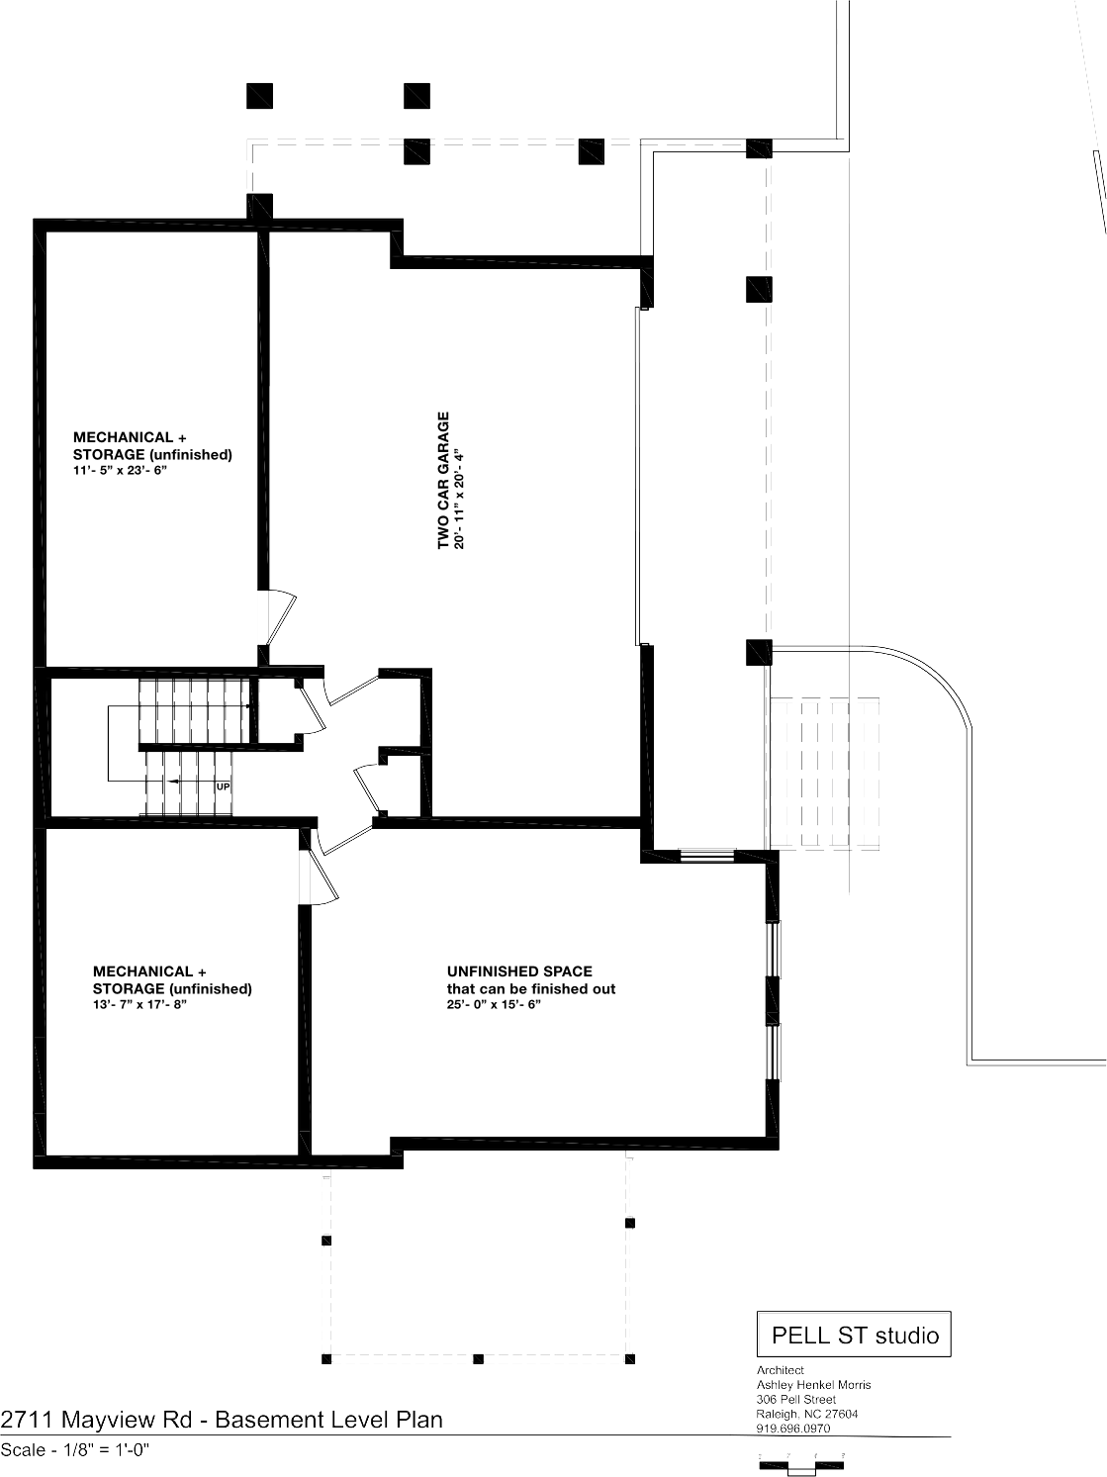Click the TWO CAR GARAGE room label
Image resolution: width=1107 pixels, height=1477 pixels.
(x=443, y=481)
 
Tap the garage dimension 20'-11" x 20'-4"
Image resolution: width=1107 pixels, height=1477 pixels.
(x=459, y=499)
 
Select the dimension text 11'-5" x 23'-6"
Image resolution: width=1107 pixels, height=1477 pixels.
(x=120, y=470)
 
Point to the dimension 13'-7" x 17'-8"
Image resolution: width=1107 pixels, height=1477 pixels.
(x=139, y=1005)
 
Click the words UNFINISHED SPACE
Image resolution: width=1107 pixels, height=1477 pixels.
(x=519, y=971)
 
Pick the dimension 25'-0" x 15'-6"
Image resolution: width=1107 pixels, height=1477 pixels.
(x=494, y=1005)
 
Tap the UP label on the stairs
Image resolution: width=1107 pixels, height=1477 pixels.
(x=223, y=786)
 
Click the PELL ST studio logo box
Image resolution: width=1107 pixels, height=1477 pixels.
(x=854, y=1334)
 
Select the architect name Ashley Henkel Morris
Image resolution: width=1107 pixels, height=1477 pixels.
(x=813, y=1384)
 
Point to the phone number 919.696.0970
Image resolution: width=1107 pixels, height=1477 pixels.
(x=793, y=1428)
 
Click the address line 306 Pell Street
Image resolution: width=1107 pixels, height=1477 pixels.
(x=796, y=1399)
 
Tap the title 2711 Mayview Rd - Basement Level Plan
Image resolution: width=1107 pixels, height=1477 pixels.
(x=222, y=1420)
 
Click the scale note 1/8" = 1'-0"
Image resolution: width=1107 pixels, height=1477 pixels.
(x=106, y=1449)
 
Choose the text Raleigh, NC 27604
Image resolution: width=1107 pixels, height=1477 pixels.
(x=807, y=1414)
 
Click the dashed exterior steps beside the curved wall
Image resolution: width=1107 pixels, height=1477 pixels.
(x=824, y=774)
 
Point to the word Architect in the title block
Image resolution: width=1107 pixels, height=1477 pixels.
(x=780, y=1369)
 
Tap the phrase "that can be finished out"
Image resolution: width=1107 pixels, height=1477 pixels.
(x=531, y=988)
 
